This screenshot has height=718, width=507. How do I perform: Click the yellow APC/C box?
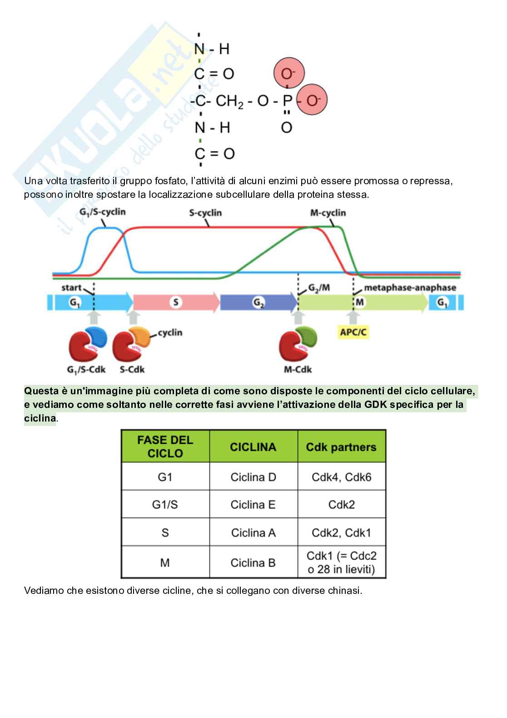pos(353,332)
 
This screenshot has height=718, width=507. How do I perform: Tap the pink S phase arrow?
pos(176,302)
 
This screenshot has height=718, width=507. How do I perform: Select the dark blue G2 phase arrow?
pos(258,302)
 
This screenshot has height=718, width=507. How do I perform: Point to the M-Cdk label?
pos(298,369)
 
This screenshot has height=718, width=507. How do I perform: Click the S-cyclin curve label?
pos(205,213)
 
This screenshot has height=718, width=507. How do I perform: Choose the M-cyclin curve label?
pos(328,213)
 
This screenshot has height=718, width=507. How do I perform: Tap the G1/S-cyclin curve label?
pos(102,212)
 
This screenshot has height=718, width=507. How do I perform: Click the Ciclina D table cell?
pos(253,477)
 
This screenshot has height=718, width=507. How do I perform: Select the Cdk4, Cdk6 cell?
pos(341,477)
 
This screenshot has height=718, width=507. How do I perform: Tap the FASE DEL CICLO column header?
pos(165,447)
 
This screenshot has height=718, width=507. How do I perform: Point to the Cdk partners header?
pos(341,447)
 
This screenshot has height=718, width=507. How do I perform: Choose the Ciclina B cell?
pos(253,562)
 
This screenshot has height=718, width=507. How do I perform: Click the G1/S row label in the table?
pos(165,505)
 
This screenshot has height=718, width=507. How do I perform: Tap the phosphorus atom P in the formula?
pos(287,100)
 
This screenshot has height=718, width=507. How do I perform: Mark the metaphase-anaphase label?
pos(410,287)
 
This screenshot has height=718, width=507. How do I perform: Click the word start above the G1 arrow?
pos(71,287)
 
